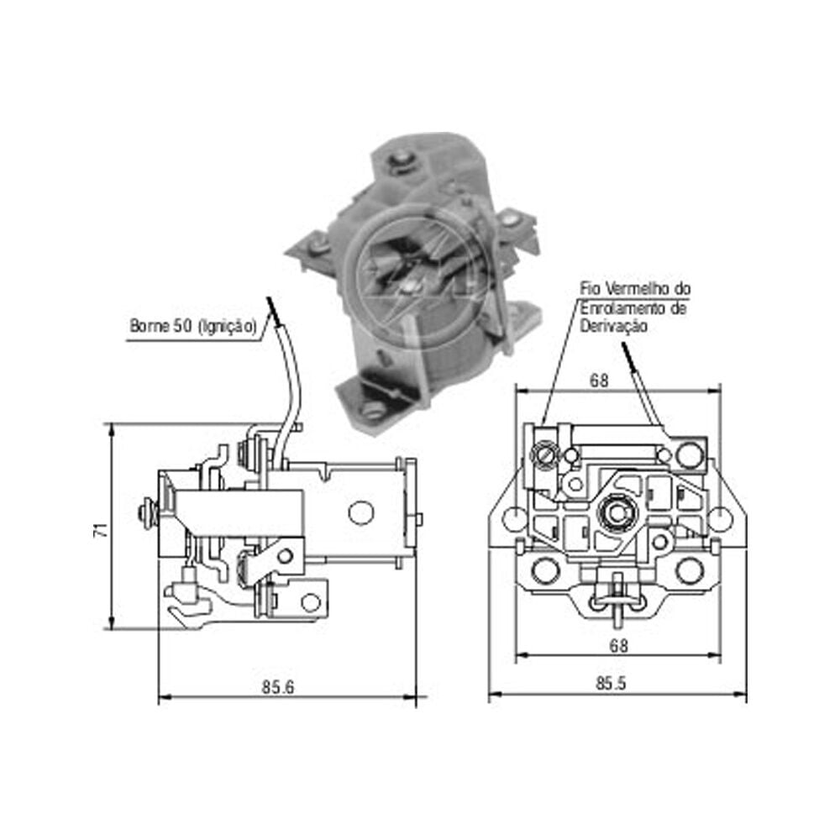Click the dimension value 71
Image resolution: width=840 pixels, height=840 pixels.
point(101,530)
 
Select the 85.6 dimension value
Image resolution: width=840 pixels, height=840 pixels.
point(277,687)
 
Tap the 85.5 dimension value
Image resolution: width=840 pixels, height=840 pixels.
point(612,684)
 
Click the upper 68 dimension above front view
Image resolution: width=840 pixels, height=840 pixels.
point(599,381)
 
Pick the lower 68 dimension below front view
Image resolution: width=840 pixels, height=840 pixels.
point(618,645)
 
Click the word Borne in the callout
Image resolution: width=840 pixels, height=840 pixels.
point(149,326)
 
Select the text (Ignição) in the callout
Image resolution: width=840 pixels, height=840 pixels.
point(228,327)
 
